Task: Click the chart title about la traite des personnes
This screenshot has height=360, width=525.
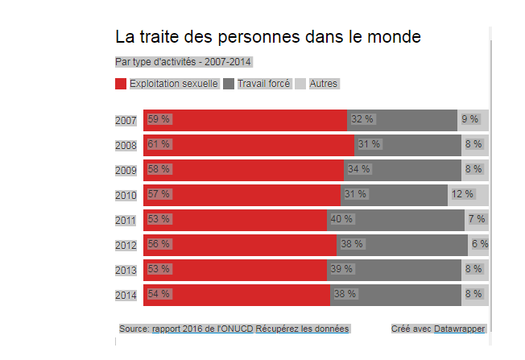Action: (x=267, y=37)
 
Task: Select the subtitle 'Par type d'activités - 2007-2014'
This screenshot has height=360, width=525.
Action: (x=184, y=62)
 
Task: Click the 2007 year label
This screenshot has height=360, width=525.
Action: (x=126, y=121)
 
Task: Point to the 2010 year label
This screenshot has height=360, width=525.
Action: (x=126, y=195)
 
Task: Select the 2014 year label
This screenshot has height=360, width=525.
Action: (x=126, y=295)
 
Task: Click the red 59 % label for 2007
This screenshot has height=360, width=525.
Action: (x=159, y=119)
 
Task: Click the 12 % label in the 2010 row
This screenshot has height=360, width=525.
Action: (x=462, y=194)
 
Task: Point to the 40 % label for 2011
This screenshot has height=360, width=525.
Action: (x=341, y=219)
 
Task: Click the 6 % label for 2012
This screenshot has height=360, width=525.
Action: (x=480, y=244)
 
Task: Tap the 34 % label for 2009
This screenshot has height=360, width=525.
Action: (x=358, y=169)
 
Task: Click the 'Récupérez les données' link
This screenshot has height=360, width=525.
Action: (x=303, y=329)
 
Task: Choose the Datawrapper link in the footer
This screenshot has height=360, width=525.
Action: (x=460, y=329)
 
